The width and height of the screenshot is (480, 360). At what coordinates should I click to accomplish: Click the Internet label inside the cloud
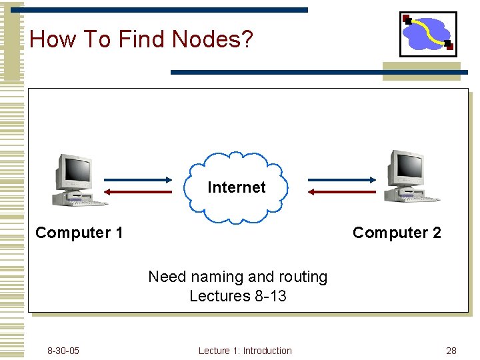pos(236,187)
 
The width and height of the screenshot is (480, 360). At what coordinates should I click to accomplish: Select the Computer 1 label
pos(79,233)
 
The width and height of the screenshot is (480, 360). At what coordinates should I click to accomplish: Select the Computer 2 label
pos(397,233)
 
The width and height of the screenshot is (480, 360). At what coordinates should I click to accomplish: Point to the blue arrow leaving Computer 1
pos(137,179)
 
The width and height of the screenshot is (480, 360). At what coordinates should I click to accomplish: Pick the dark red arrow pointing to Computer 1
pos(137,192)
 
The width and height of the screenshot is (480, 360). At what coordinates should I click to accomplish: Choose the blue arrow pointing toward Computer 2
pos(341,179)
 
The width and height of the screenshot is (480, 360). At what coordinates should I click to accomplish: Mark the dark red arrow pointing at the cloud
pos(341,192)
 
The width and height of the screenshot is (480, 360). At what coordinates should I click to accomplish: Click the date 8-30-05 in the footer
pos(63,351)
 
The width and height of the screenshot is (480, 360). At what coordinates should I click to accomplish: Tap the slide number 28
pos(451,351)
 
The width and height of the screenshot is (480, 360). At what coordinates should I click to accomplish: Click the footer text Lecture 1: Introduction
pos(245,351)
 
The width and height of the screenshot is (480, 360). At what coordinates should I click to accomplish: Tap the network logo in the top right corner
pos(428,33)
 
